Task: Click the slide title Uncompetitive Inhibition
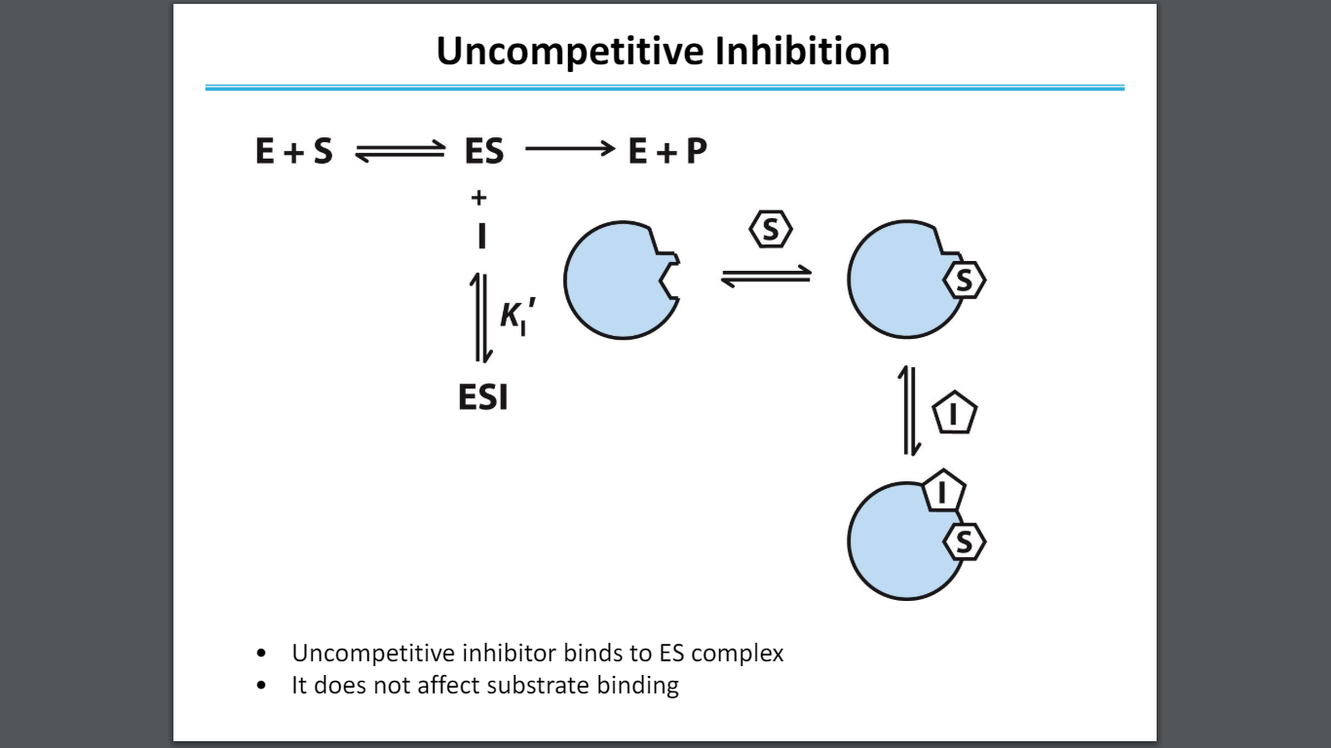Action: tap(663, 51)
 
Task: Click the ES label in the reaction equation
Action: tap(484, 151)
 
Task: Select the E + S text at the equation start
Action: tap(293, 151)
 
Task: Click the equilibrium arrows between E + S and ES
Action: tap(399, 152)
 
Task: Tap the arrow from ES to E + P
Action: tap(570, 150)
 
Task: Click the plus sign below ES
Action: tap(478, 199)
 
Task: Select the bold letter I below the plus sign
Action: tap(480, 236)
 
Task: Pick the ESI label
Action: tap(483, 397)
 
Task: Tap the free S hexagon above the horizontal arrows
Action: tap(771, 231)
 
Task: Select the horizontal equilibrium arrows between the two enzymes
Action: tap(766, 278)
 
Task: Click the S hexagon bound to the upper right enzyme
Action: tap(965, 281)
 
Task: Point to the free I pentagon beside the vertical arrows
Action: tap(955, 416)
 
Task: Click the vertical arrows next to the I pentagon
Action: tap(910, 411)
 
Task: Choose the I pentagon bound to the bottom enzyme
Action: tap(942, 493)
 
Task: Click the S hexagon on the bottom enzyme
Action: tap(965, 542)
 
